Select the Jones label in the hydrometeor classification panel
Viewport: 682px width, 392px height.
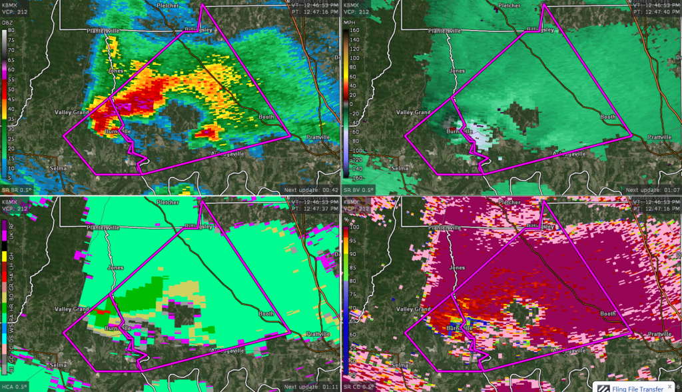[x=115, y=267]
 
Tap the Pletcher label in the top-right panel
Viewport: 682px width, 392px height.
[x=510, y=6]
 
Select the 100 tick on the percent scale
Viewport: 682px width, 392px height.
[x=347, y=228]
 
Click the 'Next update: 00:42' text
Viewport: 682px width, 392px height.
[x=308, y=190]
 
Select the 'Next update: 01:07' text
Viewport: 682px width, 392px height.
[x=650, y=190]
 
